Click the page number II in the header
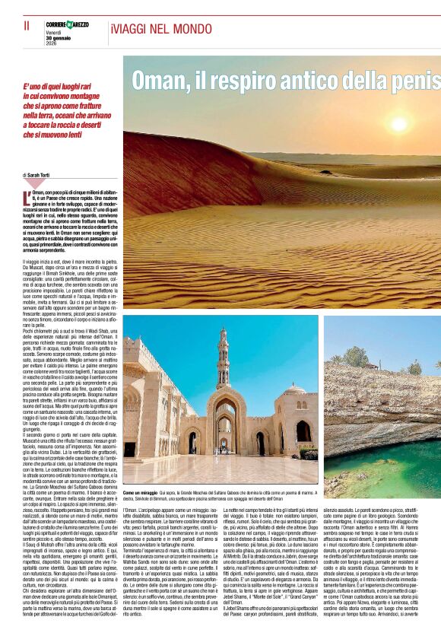pos(27,26)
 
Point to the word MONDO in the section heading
pos(189,28)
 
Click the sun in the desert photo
pos(398,124)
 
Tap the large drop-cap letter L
pos(27,199)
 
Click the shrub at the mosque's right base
pos(309,453)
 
